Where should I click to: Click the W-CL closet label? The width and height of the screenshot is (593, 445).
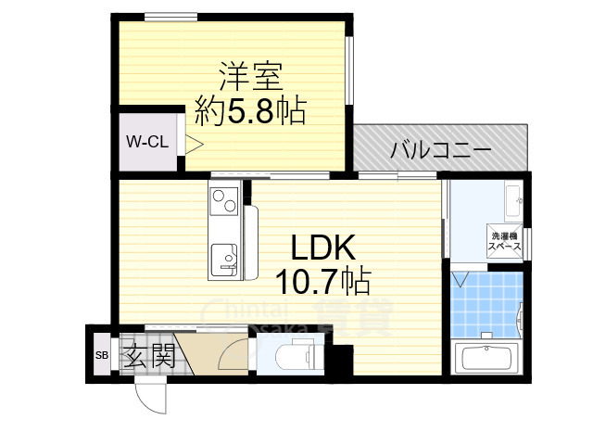tap(146, 143)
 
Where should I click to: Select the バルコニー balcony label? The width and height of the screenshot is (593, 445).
tap(439, 148)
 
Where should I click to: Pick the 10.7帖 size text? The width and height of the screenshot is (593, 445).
tap(322, 278)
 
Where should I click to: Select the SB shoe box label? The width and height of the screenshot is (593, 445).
tap(101, 355)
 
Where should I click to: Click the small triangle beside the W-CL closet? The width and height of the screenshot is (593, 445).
tap(194, 144)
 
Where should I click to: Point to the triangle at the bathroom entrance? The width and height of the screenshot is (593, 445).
tap(461, 278)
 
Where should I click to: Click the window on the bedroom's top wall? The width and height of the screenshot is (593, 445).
tap(170, 15)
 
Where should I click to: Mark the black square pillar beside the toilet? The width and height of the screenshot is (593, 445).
tap(344, 359)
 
